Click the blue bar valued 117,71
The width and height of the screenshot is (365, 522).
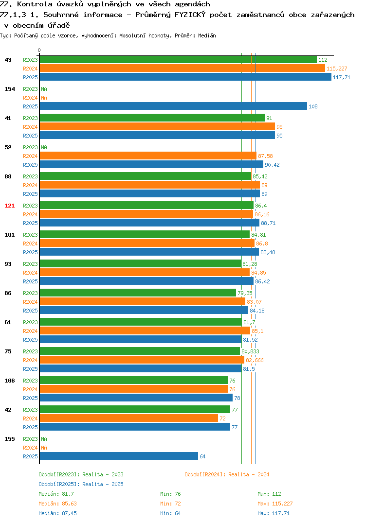click(x=185, y=77)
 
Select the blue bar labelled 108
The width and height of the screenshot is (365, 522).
click(x=173, y=106)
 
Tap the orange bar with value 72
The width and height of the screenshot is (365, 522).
click(x=128, y=418)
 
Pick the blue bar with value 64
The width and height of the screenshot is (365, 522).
click(x=119, y=456)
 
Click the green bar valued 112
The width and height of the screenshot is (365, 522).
click(x=178, y=60)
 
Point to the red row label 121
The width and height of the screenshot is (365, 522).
click(x=10, y=206)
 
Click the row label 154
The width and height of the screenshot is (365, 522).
click(x=10, y=89)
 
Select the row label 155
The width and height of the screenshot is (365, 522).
click(x=10, y=439)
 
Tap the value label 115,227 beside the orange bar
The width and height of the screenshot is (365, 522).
click(x=337, y=69)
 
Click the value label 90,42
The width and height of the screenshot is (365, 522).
click(x=272, y=165)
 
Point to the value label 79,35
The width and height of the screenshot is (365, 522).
click(x=245, y=293)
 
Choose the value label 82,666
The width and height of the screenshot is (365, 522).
click(x=255, y=360)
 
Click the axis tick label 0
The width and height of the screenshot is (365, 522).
click(x=39, y=50)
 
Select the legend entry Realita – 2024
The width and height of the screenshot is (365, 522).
click(x=227, y=474)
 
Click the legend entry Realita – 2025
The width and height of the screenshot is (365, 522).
click(x=81, y=484)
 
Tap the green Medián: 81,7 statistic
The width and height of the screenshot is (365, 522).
click(x=56, y=494)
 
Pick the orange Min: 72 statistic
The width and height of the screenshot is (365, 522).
click(x=170, y=504)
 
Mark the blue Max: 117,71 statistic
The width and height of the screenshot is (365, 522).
click(x=274, y=513)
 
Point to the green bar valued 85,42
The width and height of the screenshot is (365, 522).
click(x=146, y=176)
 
